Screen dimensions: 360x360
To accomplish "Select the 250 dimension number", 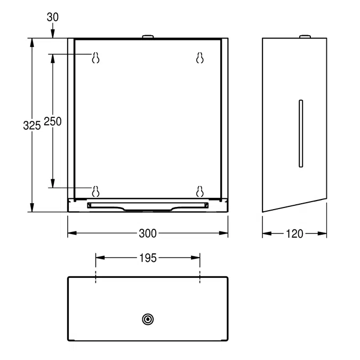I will pos(52,121).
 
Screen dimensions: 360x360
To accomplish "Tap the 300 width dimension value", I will pos(148,233).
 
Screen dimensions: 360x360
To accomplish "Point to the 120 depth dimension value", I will pos(294,233).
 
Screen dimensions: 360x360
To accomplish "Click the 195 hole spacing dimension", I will pos(148,258).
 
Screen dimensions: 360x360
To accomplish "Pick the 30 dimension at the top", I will pos(52,17).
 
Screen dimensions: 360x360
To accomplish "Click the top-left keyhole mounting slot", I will pos(96,58).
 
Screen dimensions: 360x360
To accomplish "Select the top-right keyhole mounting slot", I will pos(200,58).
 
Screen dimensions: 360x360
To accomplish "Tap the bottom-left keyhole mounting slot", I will pos(96,190).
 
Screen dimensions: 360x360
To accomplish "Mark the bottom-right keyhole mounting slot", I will pos(200,190).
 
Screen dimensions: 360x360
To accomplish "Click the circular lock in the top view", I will pos(148,319).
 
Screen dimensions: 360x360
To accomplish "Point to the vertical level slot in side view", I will pos(301,133).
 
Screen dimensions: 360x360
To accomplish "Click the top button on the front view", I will pos(148,36).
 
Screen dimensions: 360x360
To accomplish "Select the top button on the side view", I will pos(305,36).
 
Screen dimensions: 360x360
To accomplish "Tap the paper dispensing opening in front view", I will pos(148,206).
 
